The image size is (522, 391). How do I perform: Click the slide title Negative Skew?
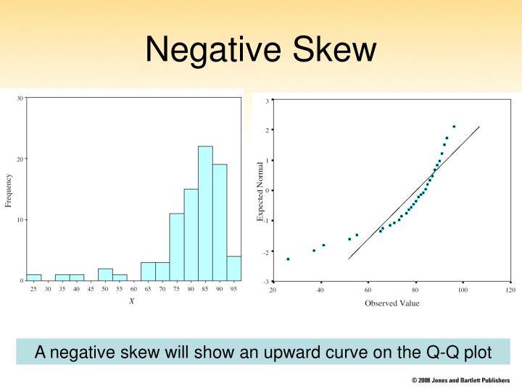tap(261, 50)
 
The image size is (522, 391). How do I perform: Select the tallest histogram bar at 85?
tap(205, 214)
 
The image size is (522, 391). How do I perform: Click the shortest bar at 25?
tap(34, 277)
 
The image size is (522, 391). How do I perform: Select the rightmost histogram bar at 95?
tap(233, 268)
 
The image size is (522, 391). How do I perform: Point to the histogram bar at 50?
tap(105, 274)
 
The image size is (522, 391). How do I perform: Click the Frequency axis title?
tap(9, 190)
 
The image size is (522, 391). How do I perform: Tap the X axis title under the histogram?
tap(131, 301)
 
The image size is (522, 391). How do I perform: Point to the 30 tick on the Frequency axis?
tap(20, 98)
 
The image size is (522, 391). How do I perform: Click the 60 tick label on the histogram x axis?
tap(133, 289)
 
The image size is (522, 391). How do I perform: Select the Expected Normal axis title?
tap(260, 190)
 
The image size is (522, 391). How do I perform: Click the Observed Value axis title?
tap(391, 303)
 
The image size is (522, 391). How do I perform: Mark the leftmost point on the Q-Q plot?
tap(288, 258)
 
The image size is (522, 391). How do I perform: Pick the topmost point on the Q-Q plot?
tap(454, 127)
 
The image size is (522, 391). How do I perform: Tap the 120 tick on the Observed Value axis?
tap(510, 290)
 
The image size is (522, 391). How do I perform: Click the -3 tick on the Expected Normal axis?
tap(268, 282)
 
